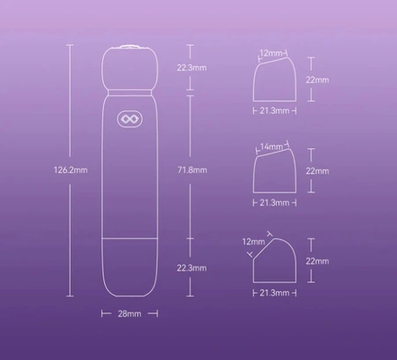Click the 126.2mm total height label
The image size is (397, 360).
click(x=71, y=170)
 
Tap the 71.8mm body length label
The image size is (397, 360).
click(x=192, y=170)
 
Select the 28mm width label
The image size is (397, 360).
click(x=130, y=314)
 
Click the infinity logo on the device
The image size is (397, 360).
click(x=130, y=119)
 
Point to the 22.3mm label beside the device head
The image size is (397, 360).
click(x=191, y=68)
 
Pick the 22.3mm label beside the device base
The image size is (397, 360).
click(x=191, y=268)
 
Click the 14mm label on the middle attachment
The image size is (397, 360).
click(x=271, y=146)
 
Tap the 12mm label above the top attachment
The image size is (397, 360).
click(x=271, y=53)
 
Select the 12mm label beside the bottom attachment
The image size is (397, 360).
click(x=253, y=242)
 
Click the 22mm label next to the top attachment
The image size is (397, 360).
click(x=318, y=80)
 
